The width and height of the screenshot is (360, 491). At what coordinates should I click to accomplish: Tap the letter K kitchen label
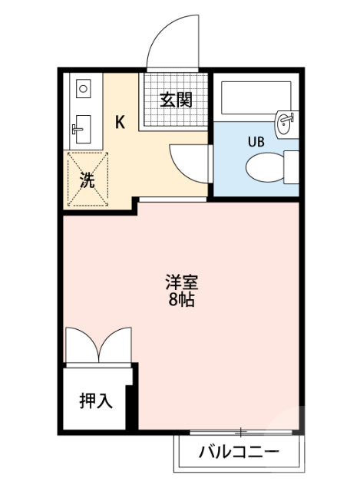(x=121, y=121)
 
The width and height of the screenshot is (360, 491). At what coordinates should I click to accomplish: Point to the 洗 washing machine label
(x=87, y=183)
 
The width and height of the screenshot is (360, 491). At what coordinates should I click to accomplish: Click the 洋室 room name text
(x=181, y=282)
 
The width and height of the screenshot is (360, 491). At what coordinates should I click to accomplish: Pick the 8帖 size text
(x=181, y=299)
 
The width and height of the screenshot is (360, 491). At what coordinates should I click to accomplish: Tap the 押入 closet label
(x=97, y=400)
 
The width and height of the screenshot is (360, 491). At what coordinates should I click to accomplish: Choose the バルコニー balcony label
(x=239, y=450)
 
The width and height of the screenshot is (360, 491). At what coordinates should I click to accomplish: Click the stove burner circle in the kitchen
(x=83, y=89)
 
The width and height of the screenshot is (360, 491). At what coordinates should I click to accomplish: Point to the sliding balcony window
(x=238, y=432)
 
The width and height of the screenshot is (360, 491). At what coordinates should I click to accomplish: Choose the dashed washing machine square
(x=88, y=180)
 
